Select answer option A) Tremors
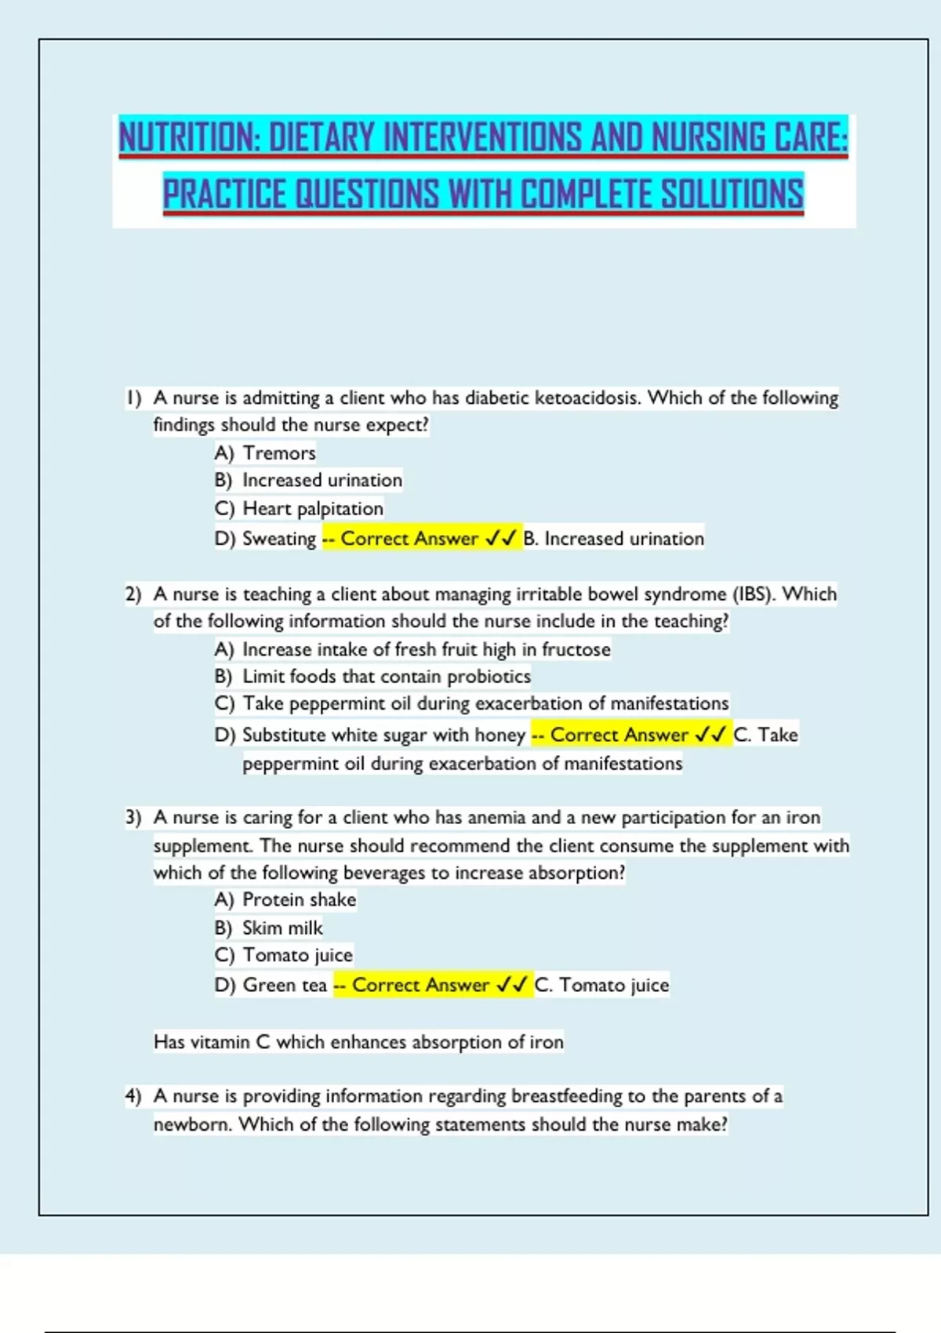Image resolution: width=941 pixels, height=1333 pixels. click(265, 453)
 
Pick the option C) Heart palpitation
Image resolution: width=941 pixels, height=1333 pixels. click(299, 509)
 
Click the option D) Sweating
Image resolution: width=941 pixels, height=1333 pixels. click(266, 539)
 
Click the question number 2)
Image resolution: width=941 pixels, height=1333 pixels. click(133, 594)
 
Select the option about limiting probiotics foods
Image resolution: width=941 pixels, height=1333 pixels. click(372, 677)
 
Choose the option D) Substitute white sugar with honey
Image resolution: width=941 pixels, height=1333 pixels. click(370, 736)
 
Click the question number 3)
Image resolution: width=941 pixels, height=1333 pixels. click(133, 818)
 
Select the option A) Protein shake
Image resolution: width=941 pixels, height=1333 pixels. click(285, 900)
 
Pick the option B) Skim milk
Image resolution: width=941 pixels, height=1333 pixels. click(269, 928)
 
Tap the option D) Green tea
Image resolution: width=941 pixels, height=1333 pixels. click(271, 986)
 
